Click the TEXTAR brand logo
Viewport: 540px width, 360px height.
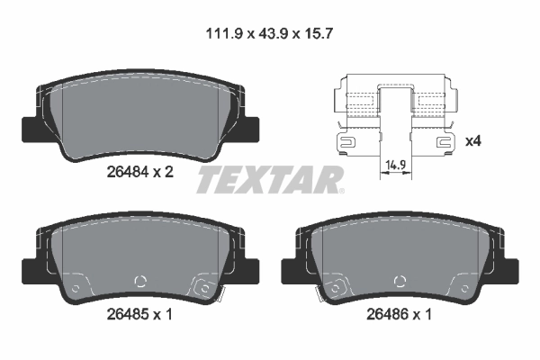click(270, 178)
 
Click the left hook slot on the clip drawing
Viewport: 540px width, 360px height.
click(346, 140)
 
